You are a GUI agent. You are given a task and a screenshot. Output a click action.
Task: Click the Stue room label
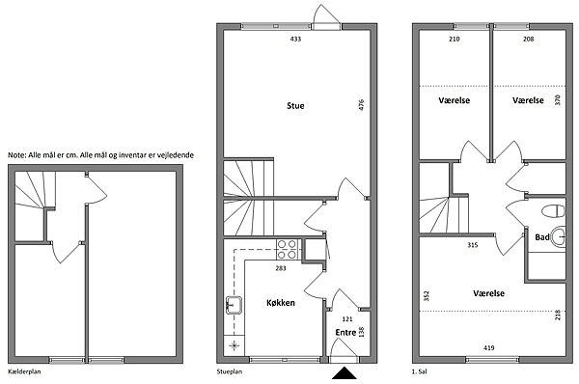tap(295, 106)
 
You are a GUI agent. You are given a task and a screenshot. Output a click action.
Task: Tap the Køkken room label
tap(281, 303)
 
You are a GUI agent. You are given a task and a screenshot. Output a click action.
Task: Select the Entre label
tap(345, 332)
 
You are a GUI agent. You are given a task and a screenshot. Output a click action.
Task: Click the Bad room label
tap(542, 237)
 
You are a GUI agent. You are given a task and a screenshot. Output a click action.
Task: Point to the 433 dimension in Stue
tap(296, 39)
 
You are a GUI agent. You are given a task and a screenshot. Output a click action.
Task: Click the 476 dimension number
tap(361, 104)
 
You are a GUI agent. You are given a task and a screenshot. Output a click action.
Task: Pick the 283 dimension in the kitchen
tap(281, 268)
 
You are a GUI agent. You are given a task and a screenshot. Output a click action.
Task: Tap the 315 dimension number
tap(473, 245)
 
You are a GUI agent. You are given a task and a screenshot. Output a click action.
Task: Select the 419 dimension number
tap(488, 347)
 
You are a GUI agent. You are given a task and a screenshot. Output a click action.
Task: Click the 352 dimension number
tap(427, 296)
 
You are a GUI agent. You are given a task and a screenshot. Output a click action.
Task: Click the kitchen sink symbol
tap(234, 305)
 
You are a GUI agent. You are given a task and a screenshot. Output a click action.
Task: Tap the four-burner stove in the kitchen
tap(287, 249)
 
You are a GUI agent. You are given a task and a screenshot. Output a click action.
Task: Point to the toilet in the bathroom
tap(554, 211)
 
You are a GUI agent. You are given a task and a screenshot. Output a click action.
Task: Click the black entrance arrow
tap(345, 373)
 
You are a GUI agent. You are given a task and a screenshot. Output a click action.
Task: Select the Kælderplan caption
tap(24, 371)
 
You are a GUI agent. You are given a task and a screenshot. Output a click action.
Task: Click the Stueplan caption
tap(230, 371)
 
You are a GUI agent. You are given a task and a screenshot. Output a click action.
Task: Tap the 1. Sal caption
tap(419, 371)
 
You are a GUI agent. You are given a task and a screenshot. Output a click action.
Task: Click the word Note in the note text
tap(16, 155)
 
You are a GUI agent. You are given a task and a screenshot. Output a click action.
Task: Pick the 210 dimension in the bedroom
tap(455, 39)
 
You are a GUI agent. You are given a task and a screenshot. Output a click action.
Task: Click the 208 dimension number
tap(529, 39)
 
